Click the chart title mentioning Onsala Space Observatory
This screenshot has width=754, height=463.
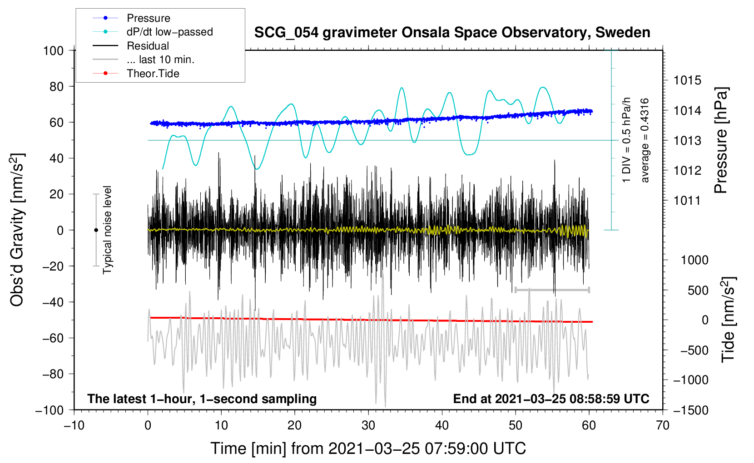452,33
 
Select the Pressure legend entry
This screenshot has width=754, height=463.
148,18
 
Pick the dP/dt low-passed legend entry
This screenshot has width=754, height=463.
169,32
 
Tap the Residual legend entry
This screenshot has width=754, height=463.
148,46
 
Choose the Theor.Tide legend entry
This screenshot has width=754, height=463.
153,74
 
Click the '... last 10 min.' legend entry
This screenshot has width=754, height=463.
160,59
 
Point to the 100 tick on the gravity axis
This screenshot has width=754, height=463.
53,50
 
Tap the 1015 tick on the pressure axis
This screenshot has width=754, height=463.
687,81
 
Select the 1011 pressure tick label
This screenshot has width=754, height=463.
687,201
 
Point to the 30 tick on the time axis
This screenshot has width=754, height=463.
368,425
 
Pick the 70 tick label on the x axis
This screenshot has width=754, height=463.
663,425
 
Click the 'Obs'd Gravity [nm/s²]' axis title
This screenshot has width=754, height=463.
17,230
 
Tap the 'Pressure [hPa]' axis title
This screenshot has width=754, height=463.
721,141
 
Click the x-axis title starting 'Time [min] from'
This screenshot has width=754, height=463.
368,448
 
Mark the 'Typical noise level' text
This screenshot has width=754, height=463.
107,230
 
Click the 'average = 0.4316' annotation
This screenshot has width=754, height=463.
645,141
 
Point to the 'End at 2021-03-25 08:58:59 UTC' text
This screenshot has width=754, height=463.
551,399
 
